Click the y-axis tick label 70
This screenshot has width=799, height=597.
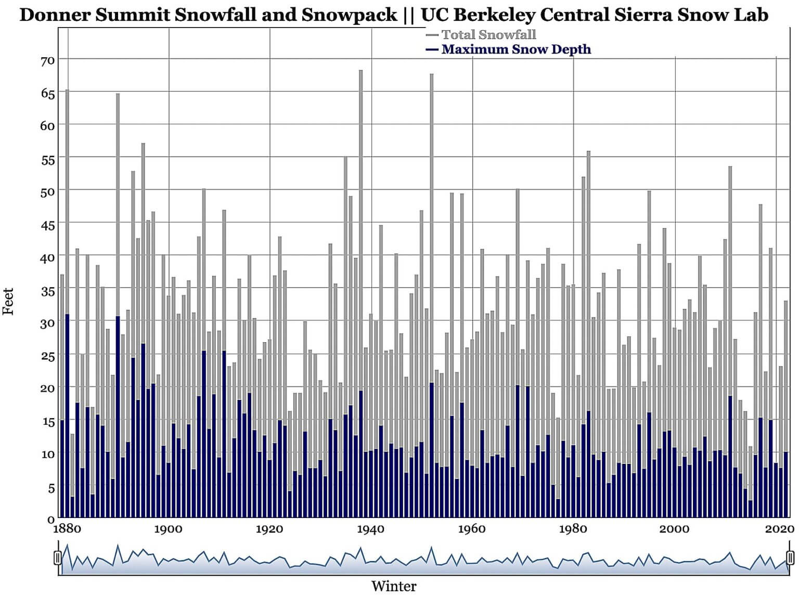[47, 61]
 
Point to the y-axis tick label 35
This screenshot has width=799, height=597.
[47, 291]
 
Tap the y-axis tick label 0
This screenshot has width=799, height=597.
[51, 520]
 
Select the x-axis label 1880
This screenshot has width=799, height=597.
[67, 529]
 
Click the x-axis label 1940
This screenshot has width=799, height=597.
[370, 529]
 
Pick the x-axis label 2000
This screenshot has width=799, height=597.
[674, 529]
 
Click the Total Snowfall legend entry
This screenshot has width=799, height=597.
[488, 35]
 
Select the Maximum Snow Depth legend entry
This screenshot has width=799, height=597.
[516, 49]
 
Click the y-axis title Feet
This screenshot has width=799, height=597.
[8, 301]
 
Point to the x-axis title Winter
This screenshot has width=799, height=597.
[394, 586]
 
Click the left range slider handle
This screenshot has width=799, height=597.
[58, 558]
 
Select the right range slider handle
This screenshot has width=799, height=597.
[790, 558]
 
